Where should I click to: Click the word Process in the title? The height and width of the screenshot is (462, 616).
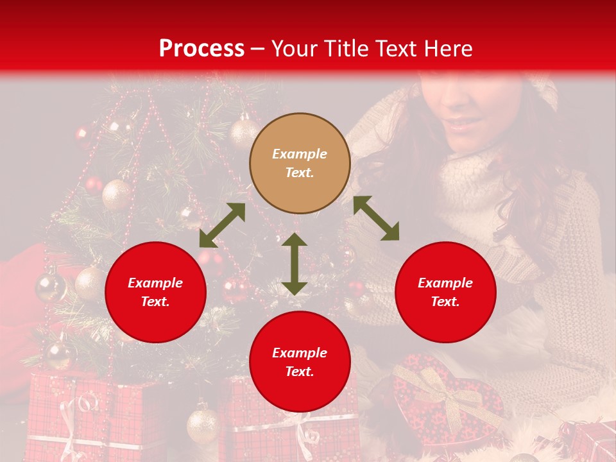point(201,49)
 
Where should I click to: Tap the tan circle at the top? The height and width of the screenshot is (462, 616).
point(300,164)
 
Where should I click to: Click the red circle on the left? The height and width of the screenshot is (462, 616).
point(155,292)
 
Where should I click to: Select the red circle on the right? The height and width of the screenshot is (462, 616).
point(445,292)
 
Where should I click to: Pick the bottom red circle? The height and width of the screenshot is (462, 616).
point(300,362)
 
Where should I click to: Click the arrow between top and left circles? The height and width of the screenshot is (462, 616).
point(222,225)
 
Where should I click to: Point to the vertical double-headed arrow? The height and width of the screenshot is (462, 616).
point(295,264)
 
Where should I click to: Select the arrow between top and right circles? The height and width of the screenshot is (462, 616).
point(376,218)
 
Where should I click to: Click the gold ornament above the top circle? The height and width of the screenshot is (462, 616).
point(244,132)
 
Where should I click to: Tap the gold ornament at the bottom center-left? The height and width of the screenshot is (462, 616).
point(203,424)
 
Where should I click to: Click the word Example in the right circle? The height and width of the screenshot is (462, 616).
point(445,283)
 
